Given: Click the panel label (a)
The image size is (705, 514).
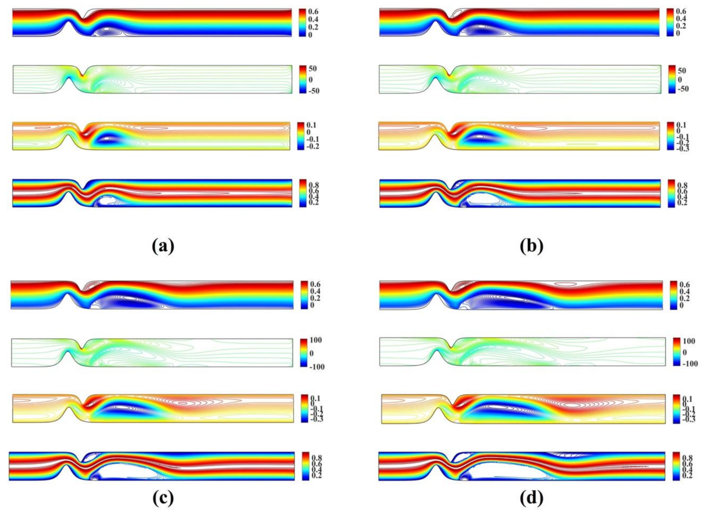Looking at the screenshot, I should point(163,246).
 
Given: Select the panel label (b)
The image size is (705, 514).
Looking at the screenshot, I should point(531,246).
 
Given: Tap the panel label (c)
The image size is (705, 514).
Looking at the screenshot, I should point(163,498).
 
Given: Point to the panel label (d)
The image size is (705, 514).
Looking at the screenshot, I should point(531,498).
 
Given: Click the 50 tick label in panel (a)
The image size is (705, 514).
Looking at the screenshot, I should point(312,69).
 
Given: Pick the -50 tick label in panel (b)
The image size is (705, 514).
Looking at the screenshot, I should point(682,89).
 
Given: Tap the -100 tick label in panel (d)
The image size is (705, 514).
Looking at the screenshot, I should point(688,364).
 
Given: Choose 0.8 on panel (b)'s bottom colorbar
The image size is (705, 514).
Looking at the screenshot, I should point(682,186).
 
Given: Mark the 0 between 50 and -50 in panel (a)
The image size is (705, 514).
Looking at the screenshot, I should point(310,79).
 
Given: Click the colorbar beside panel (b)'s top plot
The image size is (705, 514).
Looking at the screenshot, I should point(669,22).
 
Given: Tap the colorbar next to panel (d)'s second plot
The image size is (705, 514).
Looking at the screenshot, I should point(676,352).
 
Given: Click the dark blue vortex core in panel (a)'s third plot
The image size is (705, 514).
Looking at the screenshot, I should point(107,138).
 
